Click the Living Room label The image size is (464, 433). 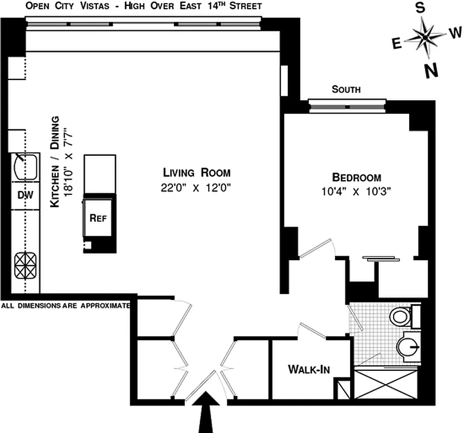click(x=197, y=173)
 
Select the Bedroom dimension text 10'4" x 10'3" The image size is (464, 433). click(x=356, y=191)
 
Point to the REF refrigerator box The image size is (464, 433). click(x=98, y=218)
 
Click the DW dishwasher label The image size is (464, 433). click(x=25, y=195)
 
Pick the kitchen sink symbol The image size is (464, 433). click(x=25, y=167)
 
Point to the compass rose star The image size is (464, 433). click(x=426, y=37)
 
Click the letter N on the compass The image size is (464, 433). click(x=431, y=70)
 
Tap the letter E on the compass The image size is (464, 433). click(x=397, y=44)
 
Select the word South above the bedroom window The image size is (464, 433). click(x=346, y=90)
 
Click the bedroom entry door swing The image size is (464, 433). click(x=319, y=248)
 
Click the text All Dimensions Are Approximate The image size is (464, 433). click(x=66, y=305)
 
